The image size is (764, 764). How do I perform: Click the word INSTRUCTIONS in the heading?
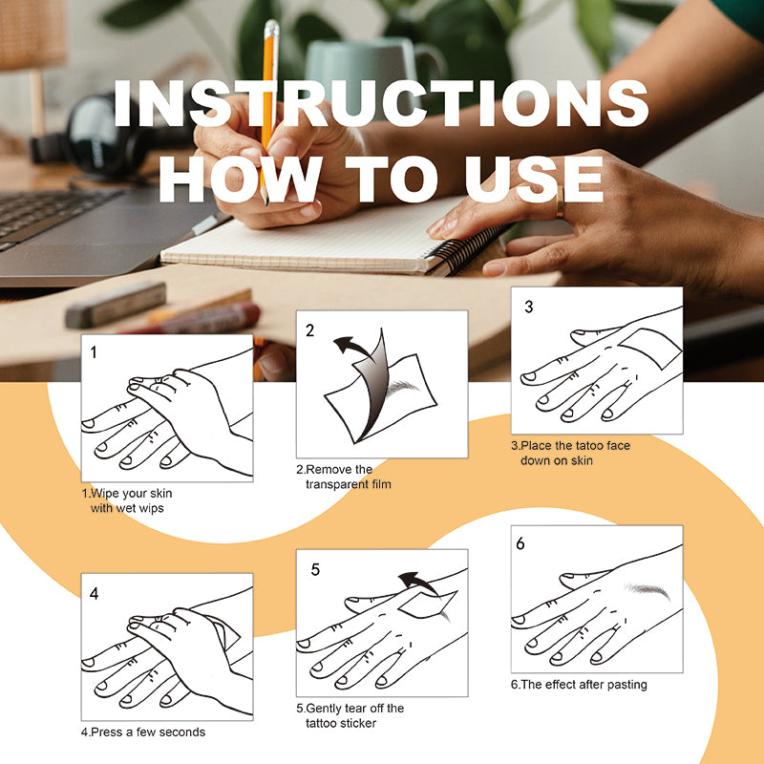pos(381,103)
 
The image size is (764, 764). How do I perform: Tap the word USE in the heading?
pos(534,180)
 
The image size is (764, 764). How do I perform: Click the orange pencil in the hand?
pos(268,107)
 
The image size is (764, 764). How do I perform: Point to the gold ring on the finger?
pos(560,202)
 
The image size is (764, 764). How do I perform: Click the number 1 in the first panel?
pos(94,351)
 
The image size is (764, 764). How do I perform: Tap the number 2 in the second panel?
pos(309,330)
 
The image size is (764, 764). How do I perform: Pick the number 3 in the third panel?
pos(529,307)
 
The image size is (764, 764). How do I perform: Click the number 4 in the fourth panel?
pos(94,593)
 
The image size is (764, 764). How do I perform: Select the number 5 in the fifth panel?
pos(315,569)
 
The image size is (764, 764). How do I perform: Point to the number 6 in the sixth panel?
pos(520,543)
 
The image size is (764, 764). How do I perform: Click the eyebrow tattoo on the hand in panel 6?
pos(648,590)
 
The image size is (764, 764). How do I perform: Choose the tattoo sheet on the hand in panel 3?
pos(650,348)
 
